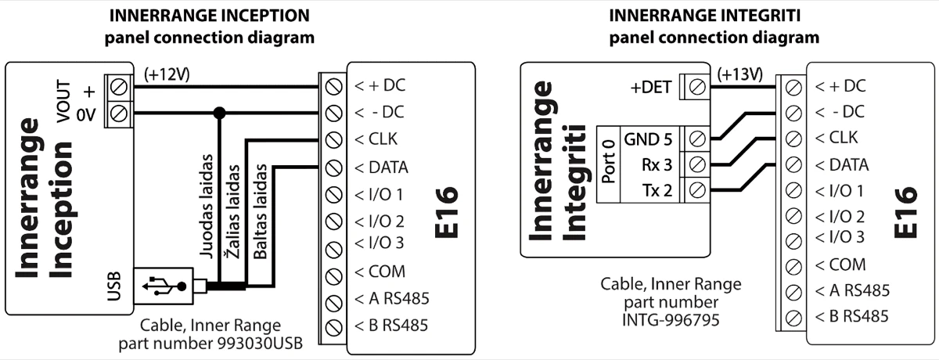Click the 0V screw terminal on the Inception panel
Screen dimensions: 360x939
[120, 113]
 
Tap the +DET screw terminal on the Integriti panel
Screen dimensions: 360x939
[693, 87]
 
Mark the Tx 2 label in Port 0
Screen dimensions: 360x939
[655, 189]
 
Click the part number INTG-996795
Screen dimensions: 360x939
[671, 319]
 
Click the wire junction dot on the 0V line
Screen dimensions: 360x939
[220, 113]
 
